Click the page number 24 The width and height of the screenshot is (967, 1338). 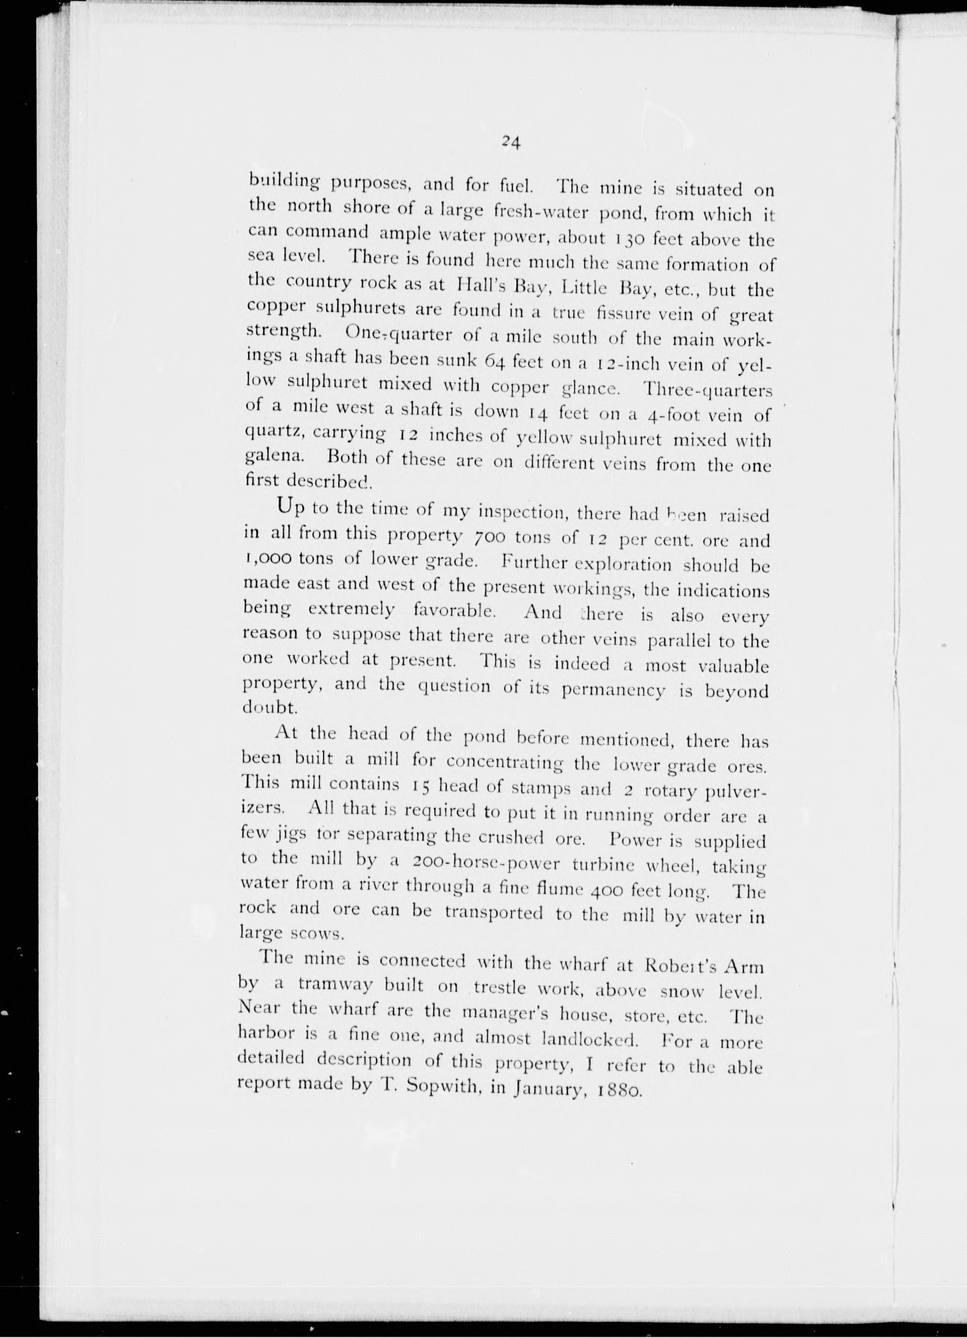[510, 142]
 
